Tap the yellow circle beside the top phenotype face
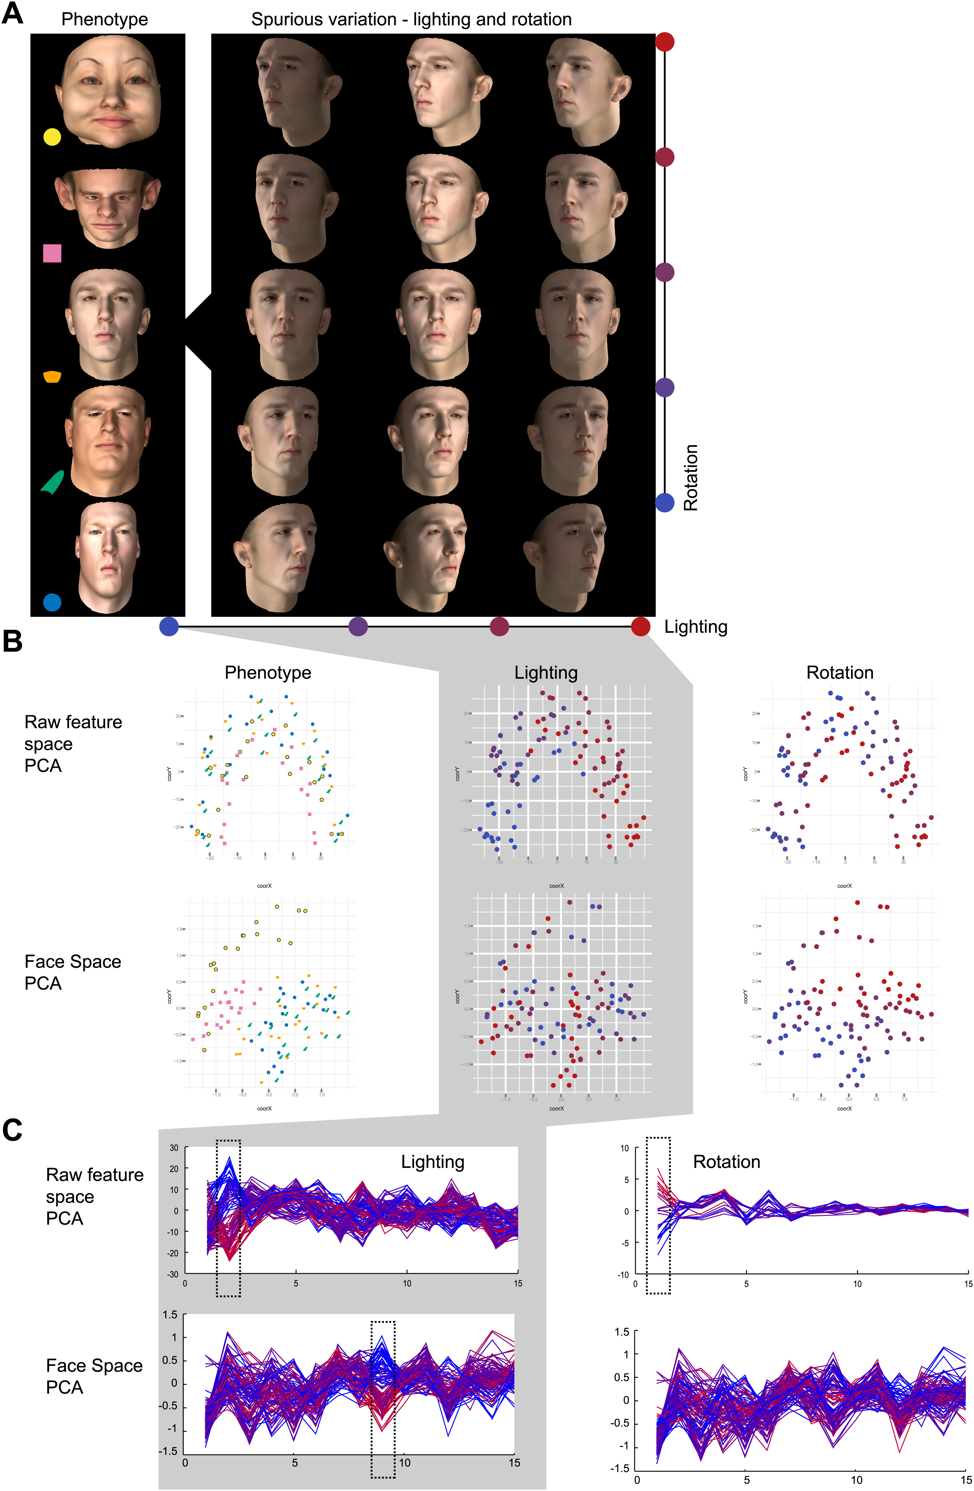(52, 137)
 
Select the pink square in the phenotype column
(52, 253)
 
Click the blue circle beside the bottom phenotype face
(52, 602)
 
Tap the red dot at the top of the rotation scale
(665, 42)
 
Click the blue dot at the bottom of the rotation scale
(665, 502)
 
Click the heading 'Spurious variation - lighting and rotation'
(412, 20)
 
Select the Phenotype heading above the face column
(105, 20)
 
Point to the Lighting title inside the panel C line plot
(433, 1162)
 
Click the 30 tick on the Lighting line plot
(174, 1148)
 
